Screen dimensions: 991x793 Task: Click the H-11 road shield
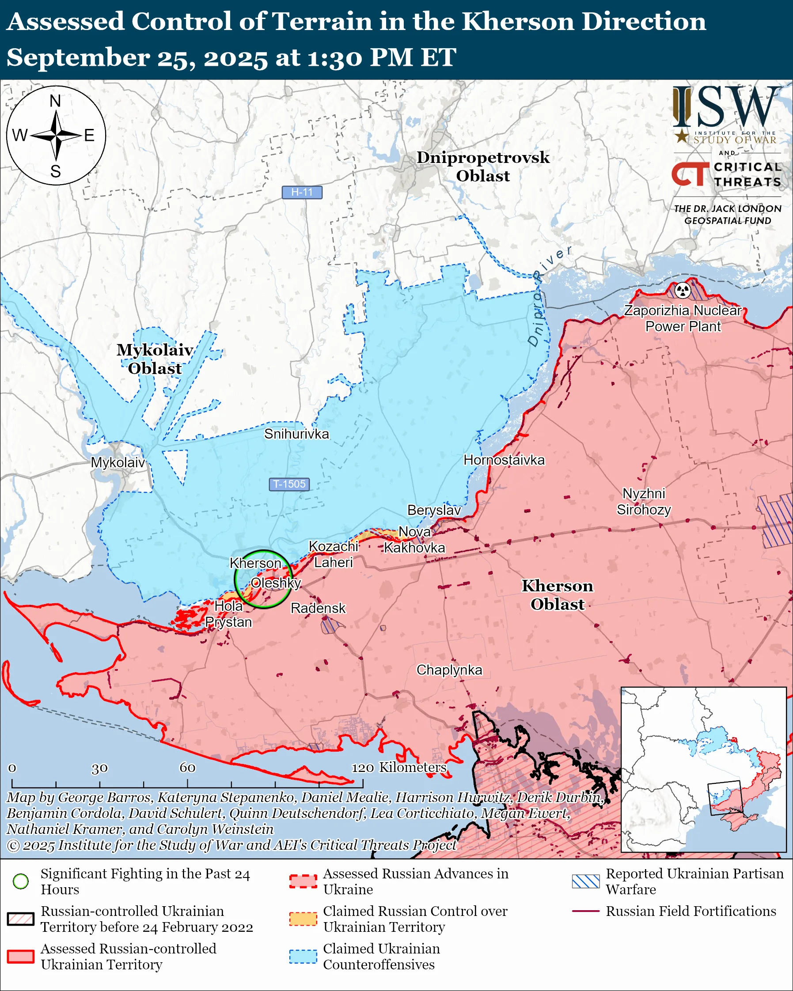click(302, 192)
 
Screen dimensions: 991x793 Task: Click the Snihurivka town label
click(296, 434)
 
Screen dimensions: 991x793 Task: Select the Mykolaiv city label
click(118, 462)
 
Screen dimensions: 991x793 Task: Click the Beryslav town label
click(434, 510)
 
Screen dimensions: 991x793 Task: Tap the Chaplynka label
click(449, 670)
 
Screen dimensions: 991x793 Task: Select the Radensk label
click(318, 608)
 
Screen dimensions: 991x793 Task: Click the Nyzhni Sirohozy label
click(644, 502)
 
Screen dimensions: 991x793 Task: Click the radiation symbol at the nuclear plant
click(683, 290)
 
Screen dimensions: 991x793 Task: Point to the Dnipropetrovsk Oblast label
click(483, 166)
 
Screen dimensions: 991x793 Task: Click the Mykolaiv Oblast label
click(155, 359)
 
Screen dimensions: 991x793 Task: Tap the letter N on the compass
click(55, 101)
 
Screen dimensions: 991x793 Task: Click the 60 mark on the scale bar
click(188, 768)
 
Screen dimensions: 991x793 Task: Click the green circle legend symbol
click(21, 881)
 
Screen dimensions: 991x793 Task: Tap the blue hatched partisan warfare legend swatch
click(586, 881)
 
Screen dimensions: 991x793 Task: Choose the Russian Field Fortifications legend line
click(586, 911)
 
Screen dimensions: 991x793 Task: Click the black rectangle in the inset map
click(725, 798)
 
